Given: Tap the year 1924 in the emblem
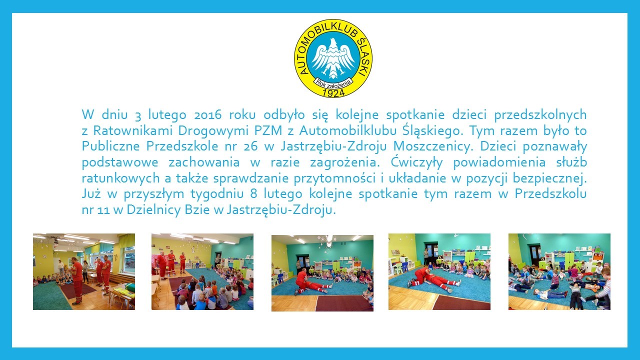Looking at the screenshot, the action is (333, 92).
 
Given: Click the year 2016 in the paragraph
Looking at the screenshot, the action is (207, 115).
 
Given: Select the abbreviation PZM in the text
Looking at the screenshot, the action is (268, 131).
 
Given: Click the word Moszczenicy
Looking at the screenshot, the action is (431, 146).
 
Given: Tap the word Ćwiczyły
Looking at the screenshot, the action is (416, 162).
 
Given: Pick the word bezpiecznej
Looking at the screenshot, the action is (549, 178).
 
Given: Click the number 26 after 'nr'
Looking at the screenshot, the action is (251, 146).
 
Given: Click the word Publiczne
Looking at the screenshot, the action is (110, 146).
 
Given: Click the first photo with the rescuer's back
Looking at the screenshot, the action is (83, 271).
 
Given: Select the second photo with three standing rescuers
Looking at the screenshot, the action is (202, 271).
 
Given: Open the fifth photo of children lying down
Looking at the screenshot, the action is (559, 271).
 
